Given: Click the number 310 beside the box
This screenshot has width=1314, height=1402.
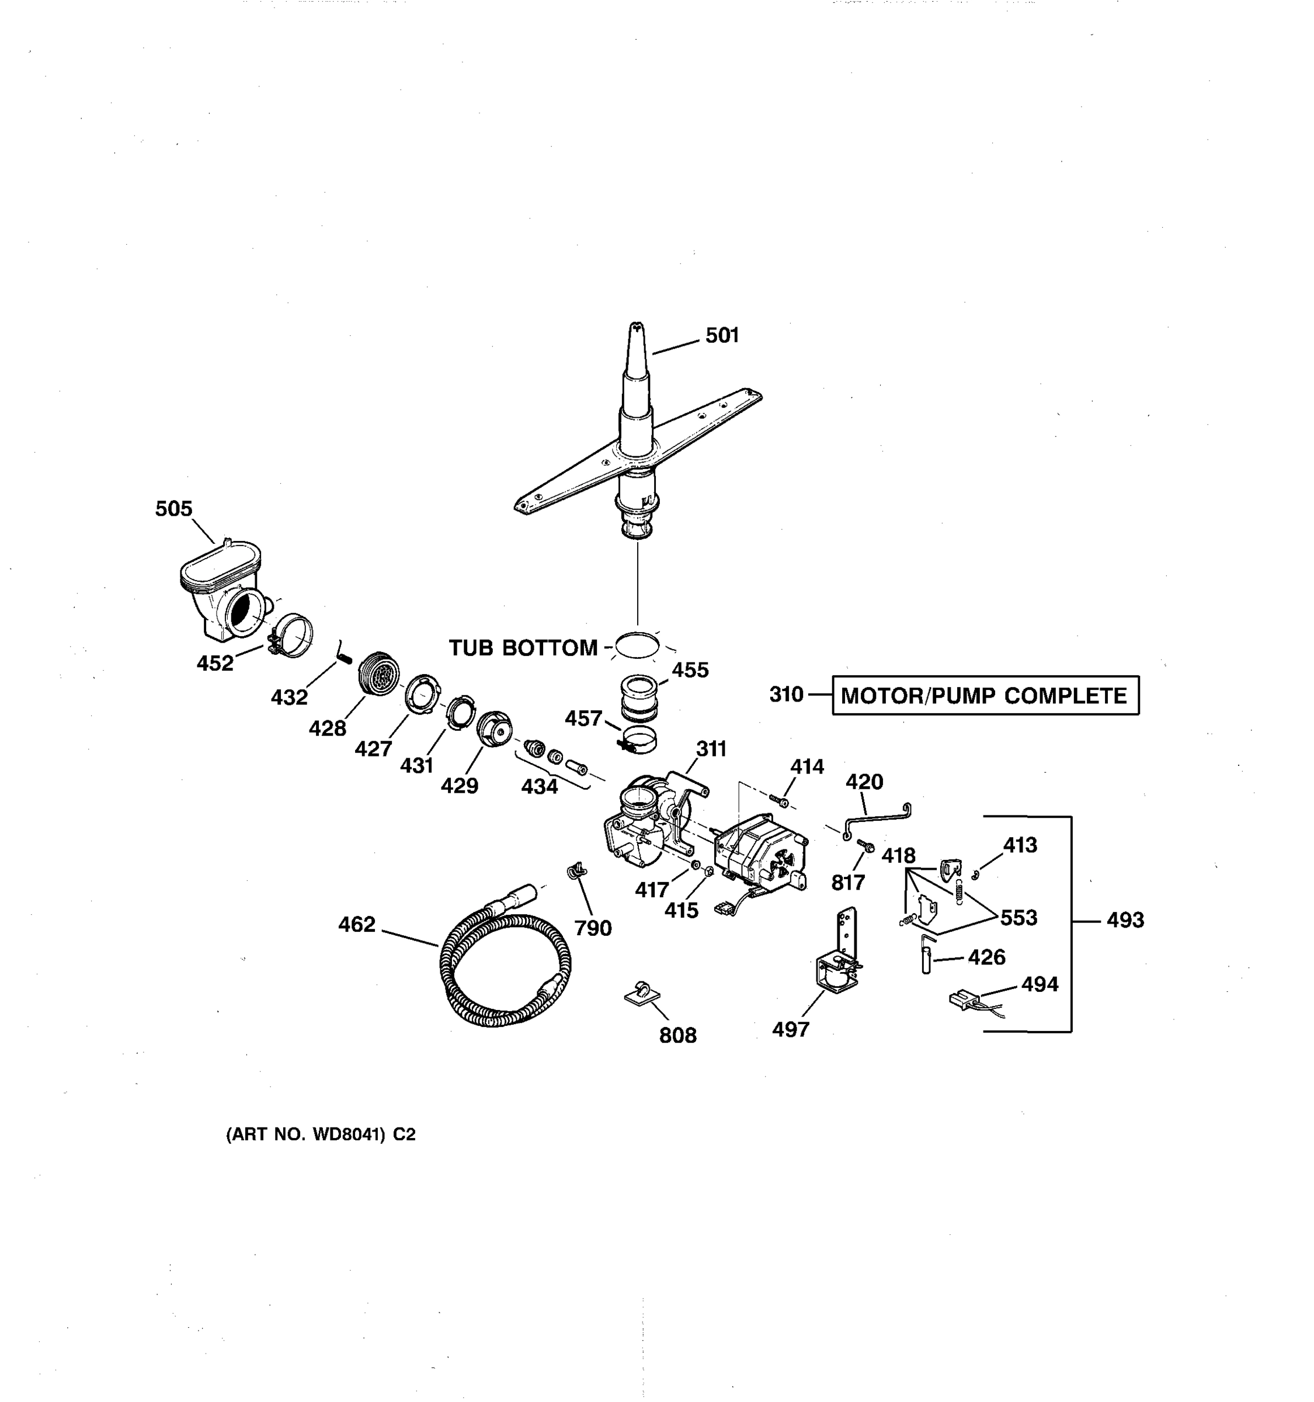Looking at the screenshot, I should pos(786,695).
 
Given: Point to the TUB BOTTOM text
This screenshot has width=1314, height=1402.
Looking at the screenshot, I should pos(523,648).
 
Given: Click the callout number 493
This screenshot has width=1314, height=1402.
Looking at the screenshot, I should pos(1125,919).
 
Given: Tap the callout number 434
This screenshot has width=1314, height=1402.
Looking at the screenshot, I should pos(539,786).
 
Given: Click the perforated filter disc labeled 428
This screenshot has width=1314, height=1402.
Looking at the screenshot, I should pos(379,674).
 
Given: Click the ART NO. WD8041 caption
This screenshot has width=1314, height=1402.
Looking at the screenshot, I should pos(320,1134).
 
